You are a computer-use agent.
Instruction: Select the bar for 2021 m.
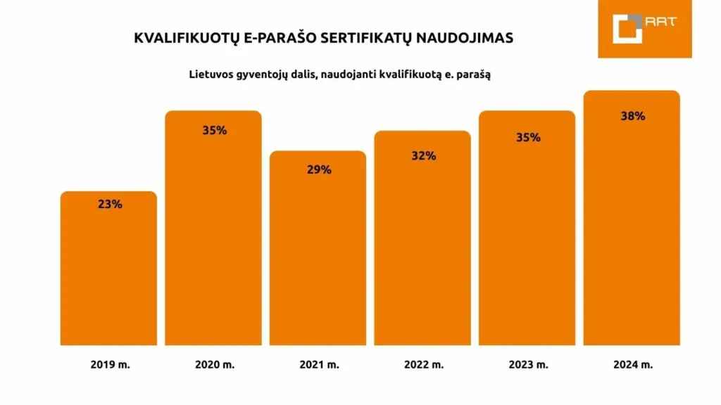point(318,253)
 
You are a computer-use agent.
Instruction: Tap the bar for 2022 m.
point(422,243)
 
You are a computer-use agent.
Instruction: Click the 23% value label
point(109,205)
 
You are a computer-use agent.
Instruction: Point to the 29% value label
point(318,169)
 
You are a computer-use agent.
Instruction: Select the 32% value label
point(423,155)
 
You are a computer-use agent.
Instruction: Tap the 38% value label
point(632,116)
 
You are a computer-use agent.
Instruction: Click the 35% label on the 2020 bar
point(214,130)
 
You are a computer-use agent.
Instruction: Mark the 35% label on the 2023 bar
point(527,137)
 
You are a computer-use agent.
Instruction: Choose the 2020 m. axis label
point(215,365)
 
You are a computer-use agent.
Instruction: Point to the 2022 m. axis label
point(424,365)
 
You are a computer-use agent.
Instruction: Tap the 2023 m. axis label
point(528,365)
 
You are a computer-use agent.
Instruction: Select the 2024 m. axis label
point(632,365)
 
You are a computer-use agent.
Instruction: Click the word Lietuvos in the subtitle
point(209,74)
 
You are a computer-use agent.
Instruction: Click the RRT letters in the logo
point(662,21)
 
